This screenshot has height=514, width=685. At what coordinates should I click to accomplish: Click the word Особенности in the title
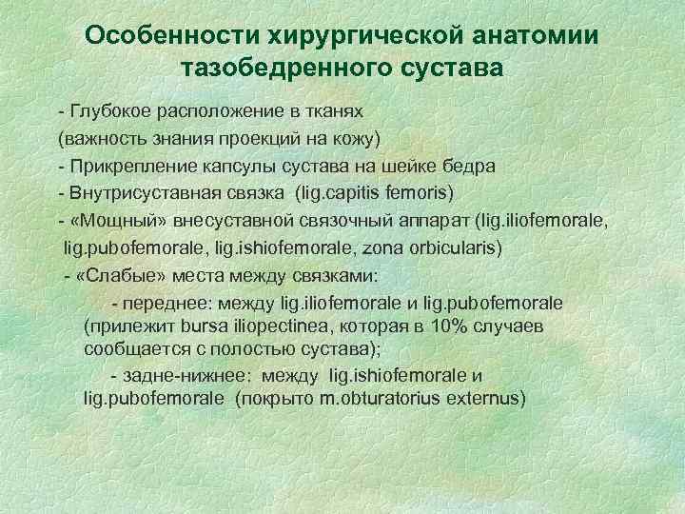point(163,35)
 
